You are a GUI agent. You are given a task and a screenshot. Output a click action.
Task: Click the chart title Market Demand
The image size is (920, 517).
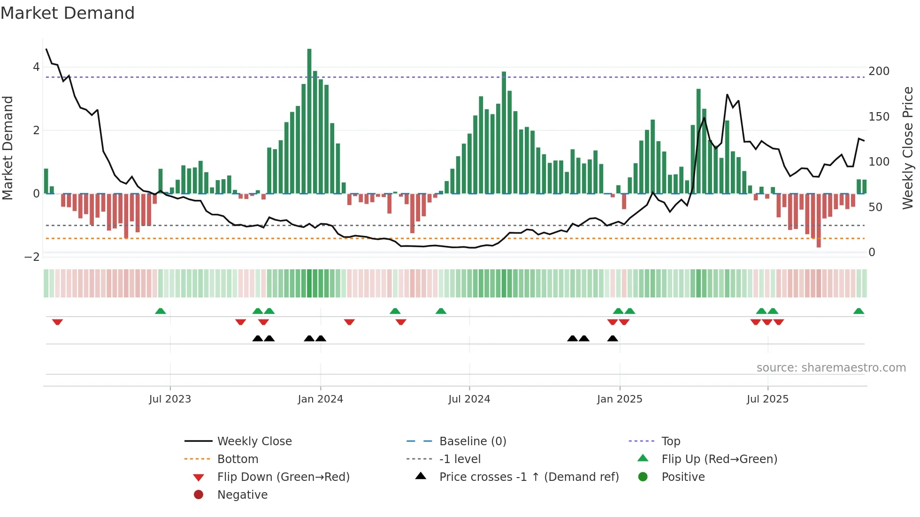point(68,13)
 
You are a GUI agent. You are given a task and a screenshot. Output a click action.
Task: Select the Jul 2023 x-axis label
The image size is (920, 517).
point(170,399)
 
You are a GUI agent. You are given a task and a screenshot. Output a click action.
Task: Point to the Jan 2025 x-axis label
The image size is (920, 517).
point(620,399)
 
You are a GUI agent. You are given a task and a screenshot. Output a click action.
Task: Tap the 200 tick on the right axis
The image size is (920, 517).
point(879,71)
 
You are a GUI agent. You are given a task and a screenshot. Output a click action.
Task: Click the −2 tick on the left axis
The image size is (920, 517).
point(32,257)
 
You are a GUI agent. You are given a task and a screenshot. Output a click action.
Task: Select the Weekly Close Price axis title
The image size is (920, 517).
point(908,148)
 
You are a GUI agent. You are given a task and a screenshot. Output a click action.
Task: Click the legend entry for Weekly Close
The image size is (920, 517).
point(254,441)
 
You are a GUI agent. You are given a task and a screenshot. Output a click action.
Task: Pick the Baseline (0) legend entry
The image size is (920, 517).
point(472,441)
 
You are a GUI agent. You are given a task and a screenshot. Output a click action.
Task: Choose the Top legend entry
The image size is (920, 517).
point(671,441)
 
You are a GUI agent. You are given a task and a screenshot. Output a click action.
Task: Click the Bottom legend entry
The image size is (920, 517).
point(238,459)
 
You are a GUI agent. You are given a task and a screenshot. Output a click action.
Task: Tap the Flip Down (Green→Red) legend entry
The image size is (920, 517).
point(283,477)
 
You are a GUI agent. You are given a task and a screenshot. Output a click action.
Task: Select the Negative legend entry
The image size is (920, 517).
point(242,495)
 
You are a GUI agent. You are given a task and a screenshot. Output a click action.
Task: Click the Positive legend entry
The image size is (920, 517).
point(683,477)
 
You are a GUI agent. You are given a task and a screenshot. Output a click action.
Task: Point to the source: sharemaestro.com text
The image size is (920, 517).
point(831,368)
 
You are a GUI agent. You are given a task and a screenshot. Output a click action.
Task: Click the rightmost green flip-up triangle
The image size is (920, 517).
point(859,311)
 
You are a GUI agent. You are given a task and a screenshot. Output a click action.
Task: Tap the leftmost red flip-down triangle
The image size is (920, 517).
point(57,322)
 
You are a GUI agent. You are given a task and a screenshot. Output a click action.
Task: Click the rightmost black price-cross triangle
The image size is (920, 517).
point(613,338)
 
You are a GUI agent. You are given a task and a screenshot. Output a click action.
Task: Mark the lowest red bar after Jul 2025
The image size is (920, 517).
point(819,220)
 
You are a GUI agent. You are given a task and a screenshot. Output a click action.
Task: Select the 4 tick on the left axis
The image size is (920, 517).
point(36,67)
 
